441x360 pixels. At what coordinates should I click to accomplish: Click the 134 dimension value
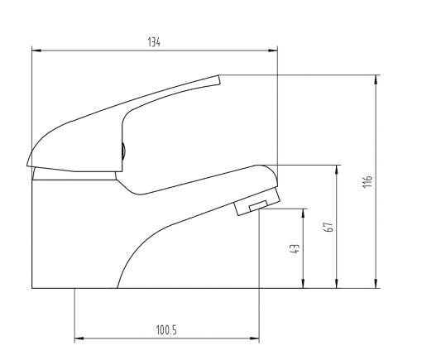154,42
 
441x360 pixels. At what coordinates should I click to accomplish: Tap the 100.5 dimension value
166,330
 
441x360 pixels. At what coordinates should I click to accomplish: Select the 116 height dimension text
367,182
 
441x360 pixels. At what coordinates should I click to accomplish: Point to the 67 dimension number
328,227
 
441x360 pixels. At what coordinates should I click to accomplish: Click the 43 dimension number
295,249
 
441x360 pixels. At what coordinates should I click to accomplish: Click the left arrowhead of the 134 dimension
37,50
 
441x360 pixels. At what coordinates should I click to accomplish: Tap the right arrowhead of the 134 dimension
272,50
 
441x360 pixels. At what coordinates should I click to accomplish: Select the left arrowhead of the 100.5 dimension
79,338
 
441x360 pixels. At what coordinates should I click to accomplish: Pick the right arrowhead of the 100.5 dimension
254,338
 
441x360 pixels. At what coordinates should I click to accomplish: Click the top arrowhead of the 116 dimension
376,80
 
